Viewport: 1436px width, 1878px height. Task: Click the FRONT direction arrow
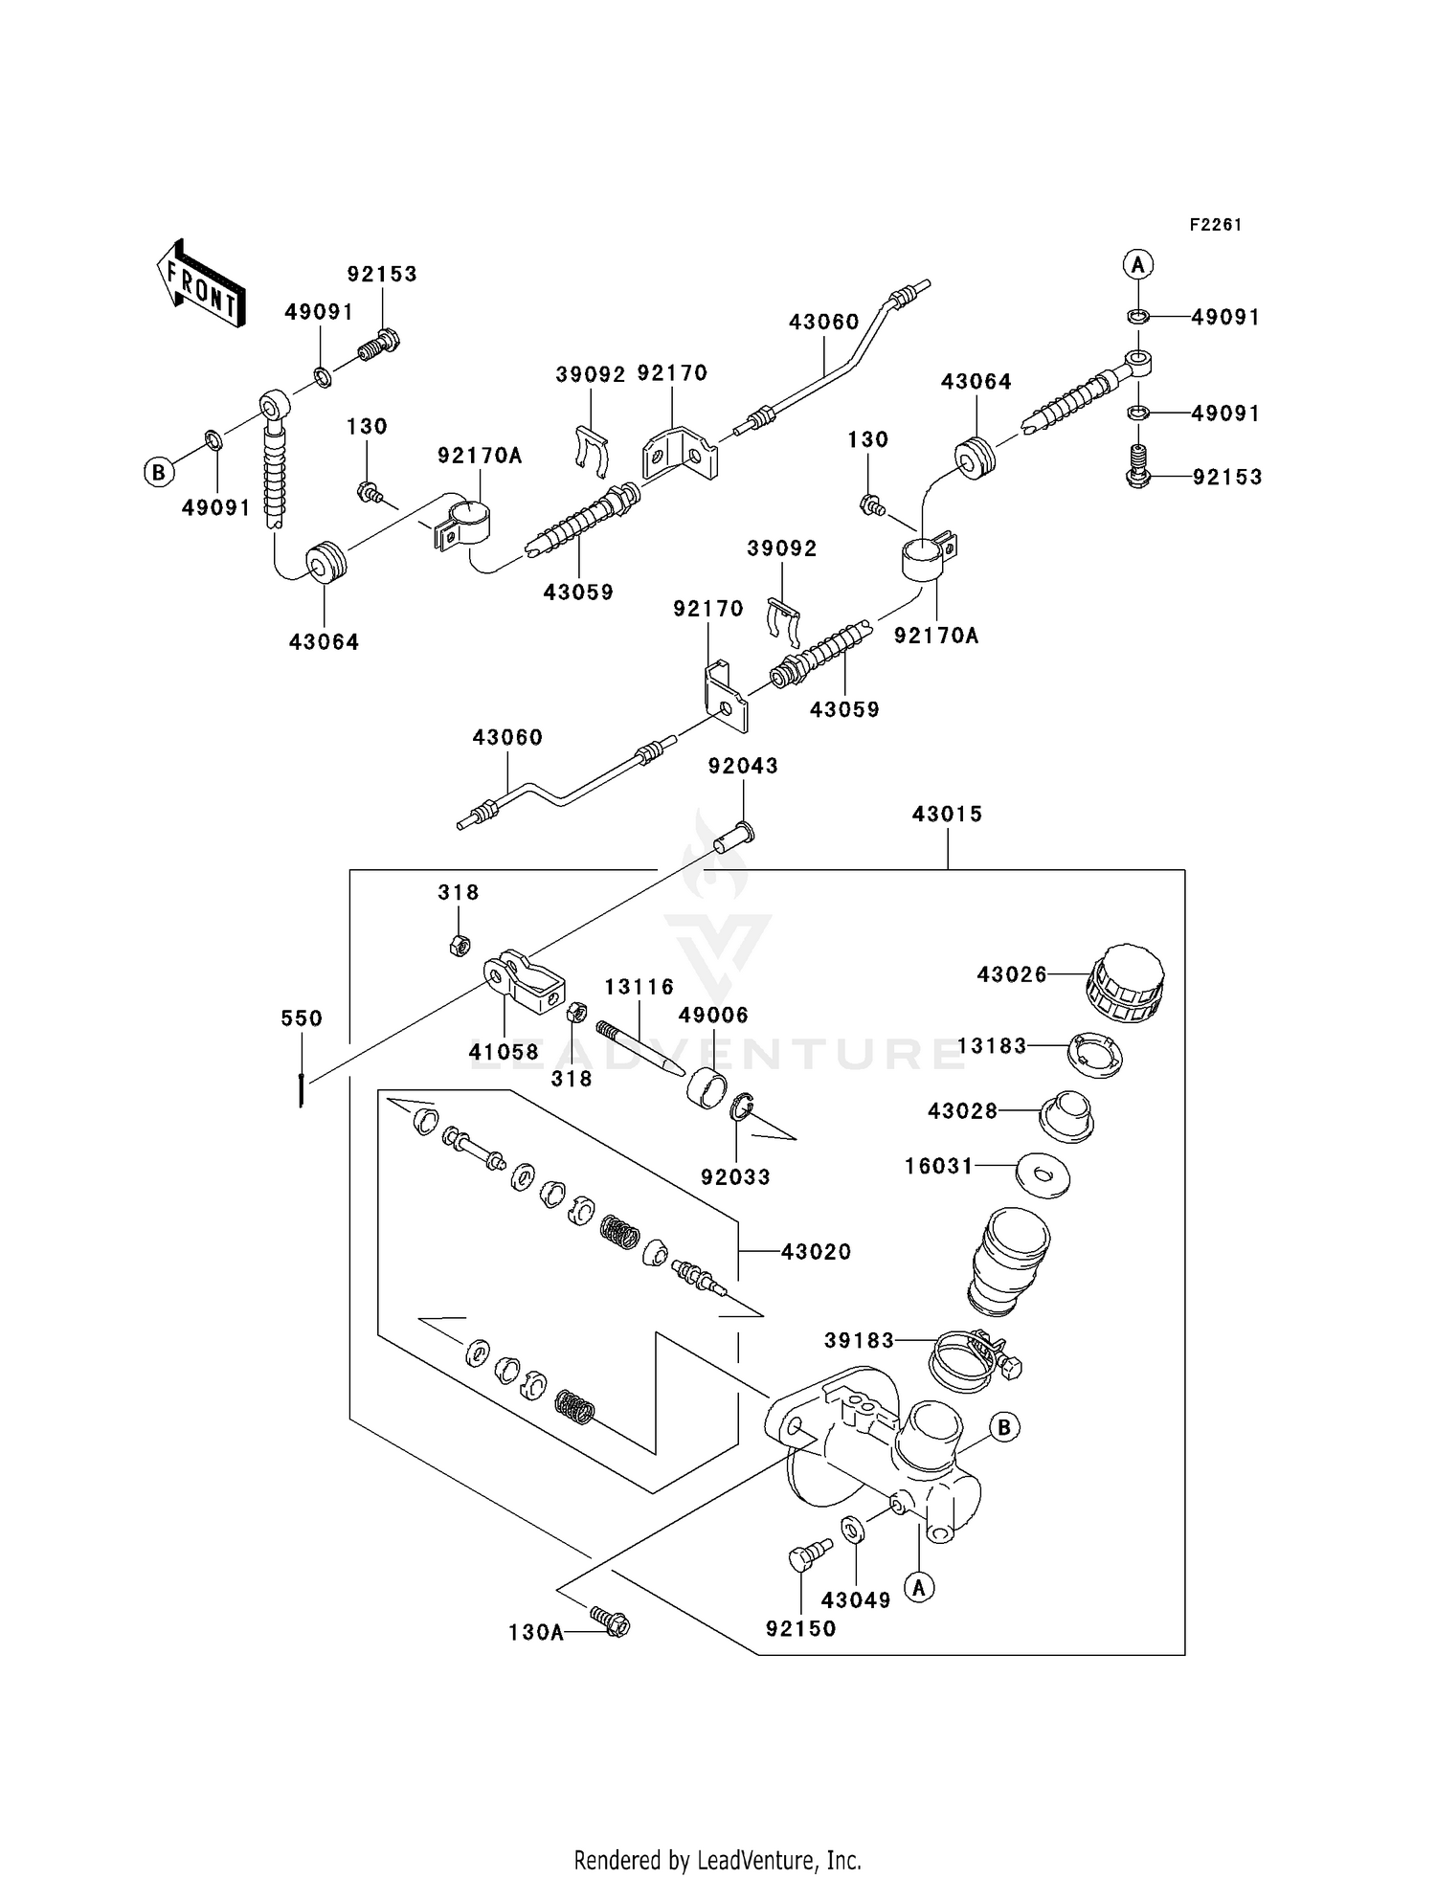(199, 284)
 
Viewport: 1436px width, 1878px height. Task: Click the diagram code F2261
(1215, 225)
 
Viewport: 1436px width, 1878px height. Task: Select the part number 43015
(947, 815)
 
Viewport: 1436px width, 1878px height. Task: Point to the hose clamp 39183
(969, 1359)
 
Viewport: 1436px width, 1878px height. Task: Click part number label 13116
(639, 987)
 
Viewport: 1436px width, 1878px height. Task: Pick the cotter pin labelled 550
(302, 1089)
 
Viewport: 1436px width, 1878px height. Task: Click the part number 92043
(743, 767)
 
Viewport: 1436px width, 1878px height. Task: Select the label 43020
(816, 1252)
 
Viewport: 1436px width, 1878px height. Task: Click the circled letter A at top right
(1137, 264)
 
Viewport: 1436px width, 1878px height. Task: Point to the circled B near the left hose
(158, 472)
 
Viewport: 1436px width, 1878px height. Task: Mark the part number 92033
(735, 1177)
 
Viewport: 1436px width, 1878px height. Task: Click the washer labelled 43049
(851, 1529)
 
